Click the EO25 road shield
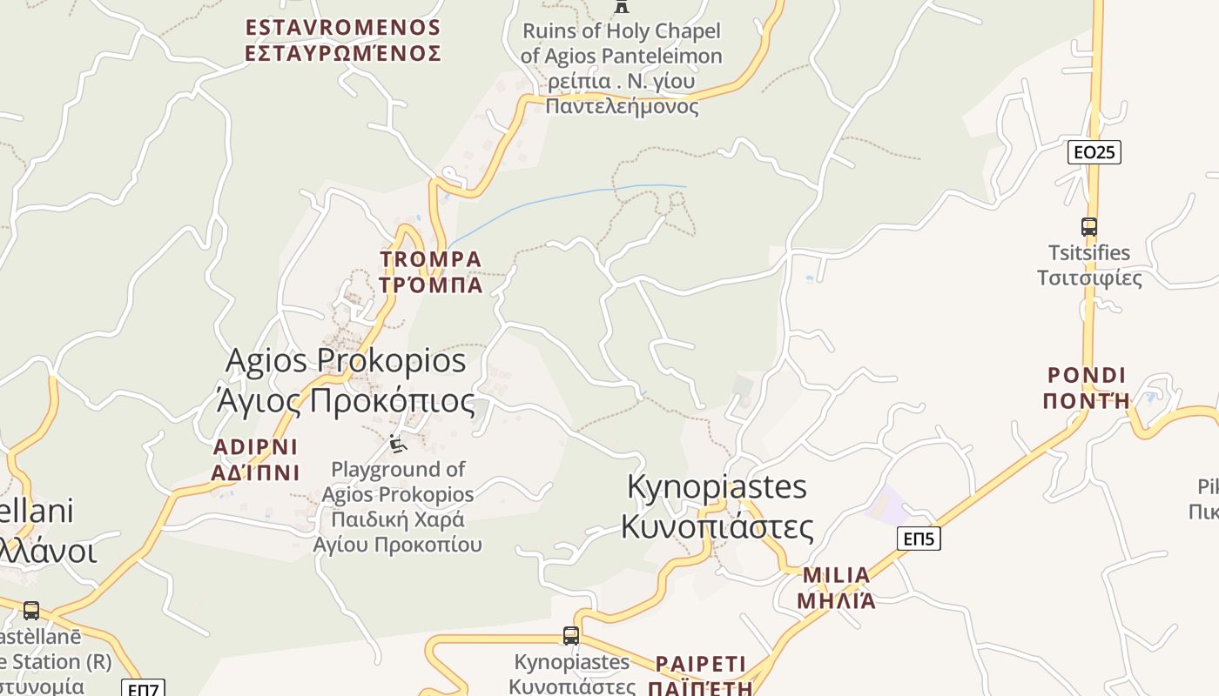(1094, 152)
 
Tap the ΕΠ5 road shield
(919, 539)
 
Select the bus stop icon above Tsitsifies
(1088, 227)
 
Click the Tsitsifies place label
(1089, 265)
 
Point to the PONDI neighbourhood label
(1087, 388)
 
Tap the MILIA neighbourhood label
(836, 587)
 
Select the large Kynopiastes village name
(717, 506)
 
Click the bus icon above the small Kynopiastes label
(570, 636)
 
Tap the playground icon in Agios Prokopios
(397, 445)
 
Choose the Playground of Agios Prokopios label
(398, 507)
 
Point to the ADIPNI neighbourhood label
(255, 459)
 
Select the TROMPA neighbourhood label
(431, 271)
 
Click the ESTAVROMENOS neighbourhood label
(343, 40)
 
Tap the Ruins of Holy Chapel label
(622, 68)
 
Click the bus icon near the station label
(31, 611)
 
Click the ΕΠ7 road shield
(142, 689)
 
